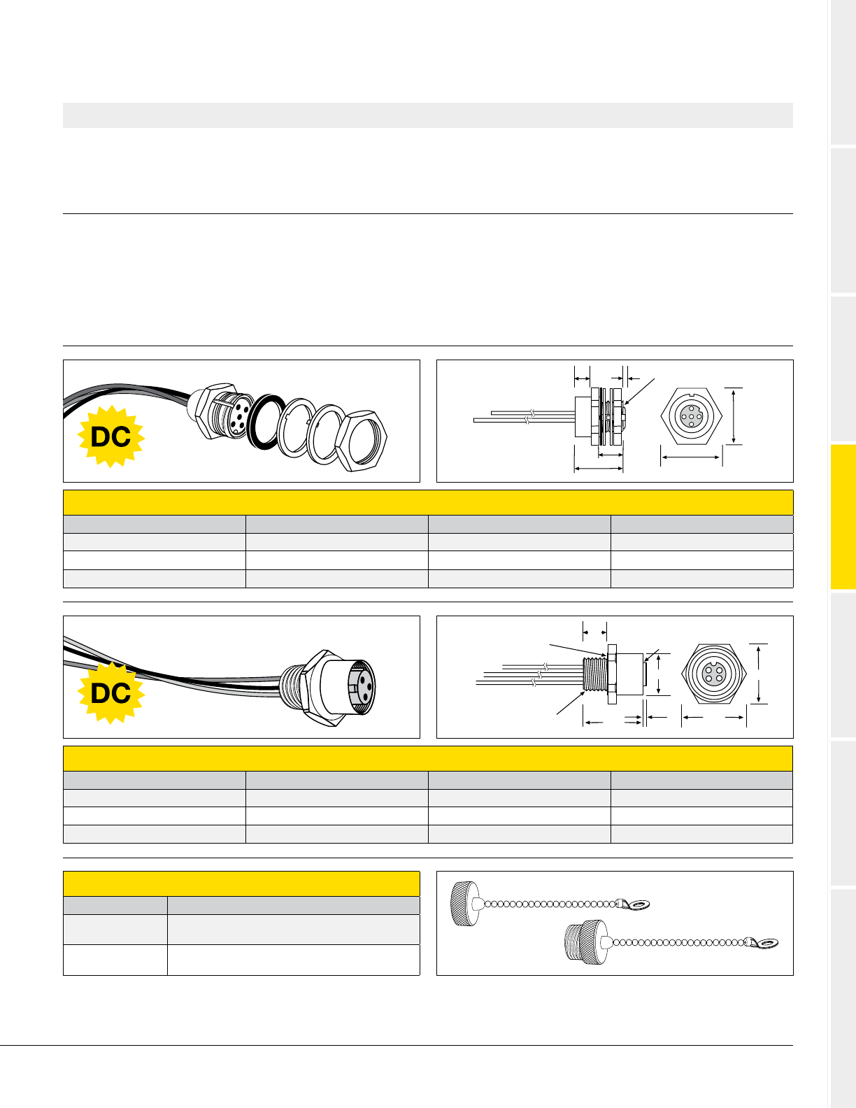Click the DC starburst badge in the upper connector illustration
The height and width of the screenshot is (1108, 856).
111,437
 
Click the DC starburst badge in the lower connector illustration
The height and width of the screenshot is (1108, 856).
111,693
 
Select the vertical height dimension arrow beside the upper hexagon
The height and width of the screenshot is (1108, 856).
734,415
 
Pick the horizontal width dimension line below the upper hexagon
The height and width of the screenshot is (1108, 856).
691,457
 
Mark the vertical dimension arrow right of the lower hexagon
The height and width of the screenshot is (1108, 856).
759,674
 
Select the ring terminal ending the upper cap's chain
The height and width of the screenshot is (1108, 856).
636,905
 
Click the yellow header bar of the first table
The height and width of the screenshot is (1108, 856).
428,502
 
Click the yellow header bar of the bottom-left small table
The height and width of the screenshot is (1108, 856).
241,883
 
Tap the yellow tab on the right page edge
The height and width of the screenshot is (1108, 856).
843,518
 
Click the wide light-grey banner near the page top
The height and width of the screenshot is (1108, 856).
428,115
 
